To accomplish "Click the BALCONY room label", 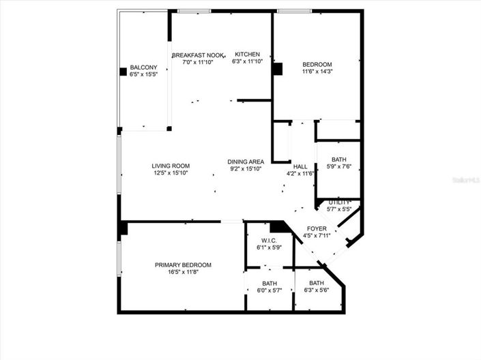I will click(144, 67).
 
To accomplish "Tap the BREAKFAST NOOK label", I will click(198, 55).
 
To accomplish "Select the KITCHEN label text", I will click(248, 55).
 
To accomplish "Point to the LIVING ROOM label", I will click(171, 166).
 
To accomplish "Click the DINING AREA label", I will click(246, 162).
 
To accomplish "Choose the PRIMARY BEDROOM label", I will click(183, 265).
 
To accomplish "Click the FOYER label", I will click(317, 229).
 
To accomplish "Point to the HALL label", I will click(300, 166).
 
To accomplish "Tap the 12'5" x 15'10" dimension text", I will click(171, 173).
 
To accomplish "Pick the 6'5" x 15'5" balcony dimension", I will click(144, 74).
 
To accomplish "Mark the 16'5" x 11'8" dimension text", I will click(183, 273).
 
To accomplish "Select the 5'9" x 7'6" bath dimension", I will click(339, 167).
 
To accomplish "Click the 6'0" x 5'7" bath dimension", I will click(269, 290).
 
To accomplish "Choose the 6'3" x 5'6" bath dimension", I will click(317, 290).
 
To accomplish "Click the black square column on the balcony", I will click(123, 70).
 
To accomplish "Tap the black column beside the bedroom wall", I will click(277, 69).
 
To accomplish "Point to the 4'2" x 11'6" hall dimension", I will click(300, 174).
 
